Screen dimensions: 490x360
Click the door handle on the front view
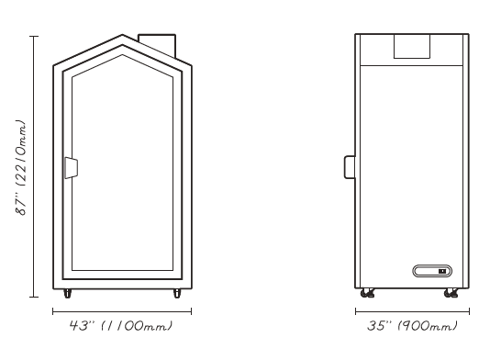tap(72, 168)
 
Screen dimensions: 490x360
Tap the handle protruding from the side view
tap(350, 167)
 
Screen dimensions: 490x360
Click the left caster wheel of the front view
tap(67, 293)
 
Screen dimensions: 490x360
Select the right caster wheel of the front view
tap(177, 293)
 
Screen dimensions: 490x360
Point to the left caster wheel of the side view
tap(367, 293)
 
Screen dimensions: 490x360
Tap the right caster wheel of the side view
tap(451, 293)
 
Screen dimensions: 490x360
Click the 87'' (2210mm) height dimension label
tap(21, 167)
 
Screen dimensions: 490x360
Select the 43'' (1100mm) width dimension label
tap(121, 326)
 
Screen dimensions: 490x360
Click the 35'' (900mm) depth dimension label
tap(412, 326)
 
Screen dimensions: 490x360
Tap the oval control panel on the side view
tap(432, 271)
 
